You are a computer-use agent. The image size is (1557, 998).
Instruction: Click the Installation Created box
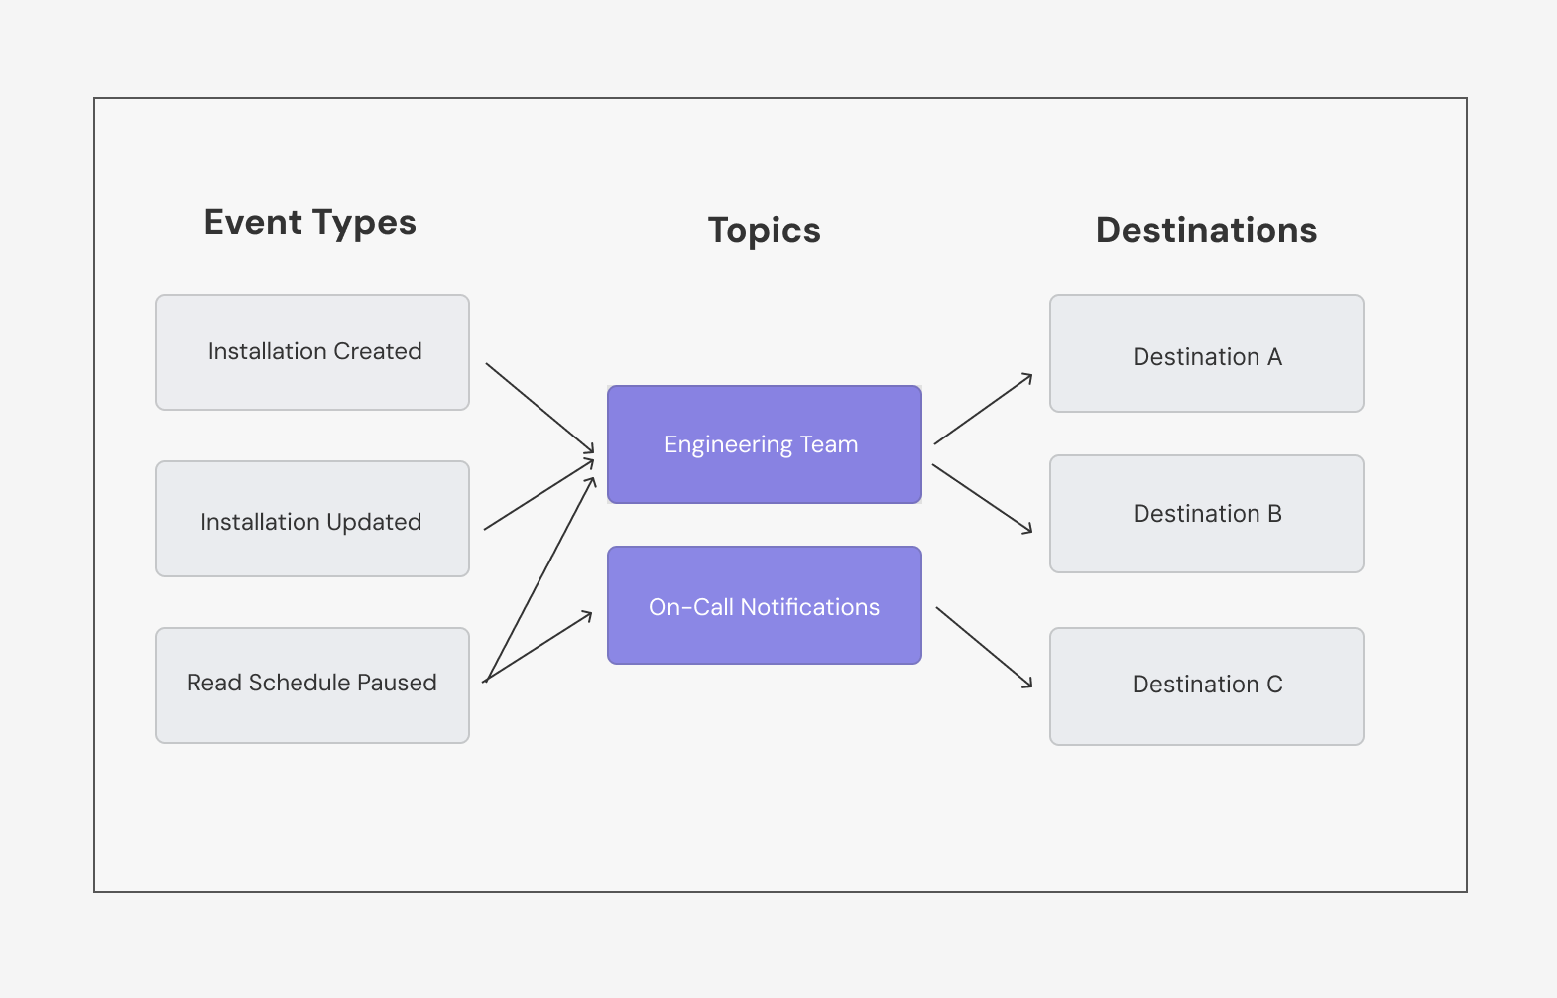coord(312,352)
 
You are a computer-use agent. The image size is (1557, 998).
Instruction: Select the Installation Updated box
coord(312,519)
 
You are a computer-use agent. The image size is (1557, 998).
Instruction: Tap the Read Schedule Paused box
coord(312,686)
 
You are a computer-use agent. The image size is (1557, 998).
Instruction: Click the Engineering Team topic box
coord(764,444)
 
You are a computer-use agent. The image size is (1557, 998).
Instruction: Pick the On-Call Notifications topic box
coord(764,605)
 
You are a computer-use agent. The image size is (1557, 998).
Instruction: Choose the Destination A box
coord(1207,353)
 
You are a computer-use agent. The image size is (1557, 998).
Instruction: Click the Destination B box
coord(1207,514)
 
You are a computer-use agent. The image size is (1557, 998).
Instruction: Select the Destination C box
coord(1207,686)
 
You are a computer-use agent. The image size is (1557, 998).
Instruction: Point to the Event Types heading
coord(309,223)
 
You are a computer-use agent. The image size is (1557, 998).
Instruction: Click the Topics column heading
coord(764,230)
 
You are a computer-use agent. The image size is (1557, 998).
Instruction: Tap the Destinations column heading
coord(1206,230)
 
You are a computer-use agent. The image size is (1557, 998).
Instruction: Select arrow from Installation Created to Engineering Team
coord(539,409)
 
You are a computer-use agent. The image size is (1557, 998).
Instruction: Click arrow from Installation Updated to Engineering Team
coord(539,494)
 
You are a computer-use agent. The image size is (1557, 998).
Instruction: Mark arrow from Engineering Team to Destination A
coord(983,409)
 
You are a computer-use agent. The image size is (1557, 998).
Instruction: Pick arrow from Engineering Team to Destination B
coord(982,498)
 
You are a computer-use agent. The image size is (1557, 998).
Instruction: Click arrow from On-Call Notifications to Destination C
coord(984,647)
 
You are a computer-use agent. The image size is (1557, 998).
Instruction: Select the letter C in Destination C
coord(1274,685)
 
